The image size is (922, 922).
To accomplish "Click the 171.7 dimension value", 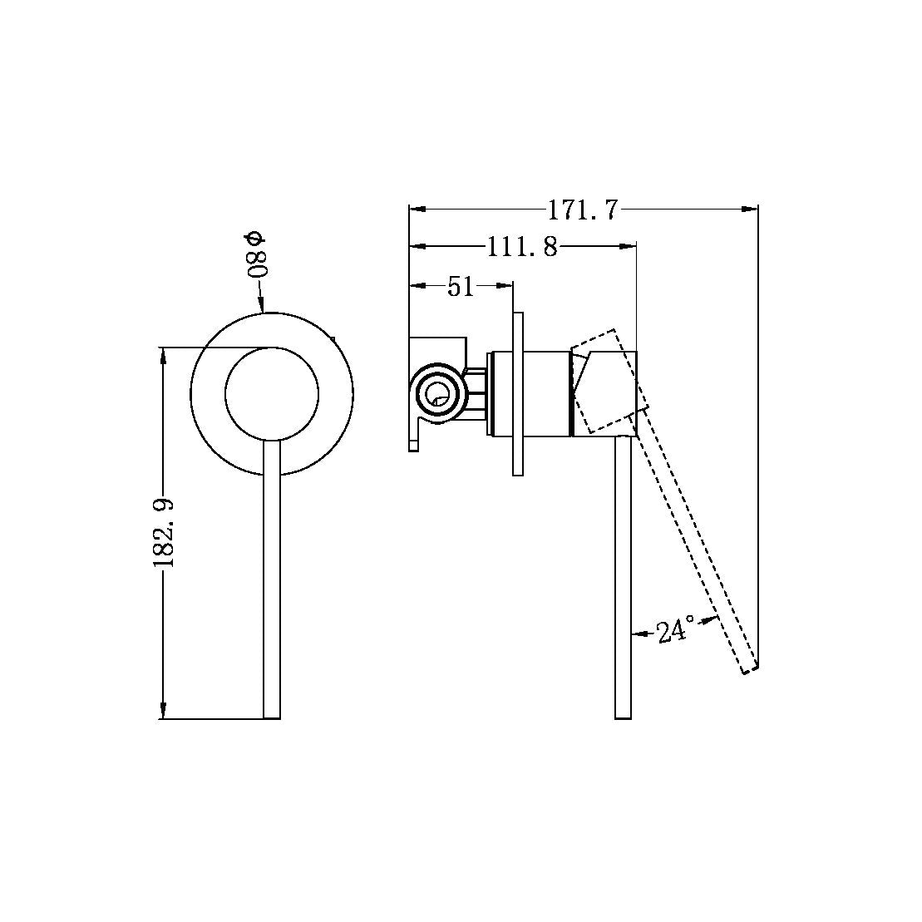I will click(x=583, y=210).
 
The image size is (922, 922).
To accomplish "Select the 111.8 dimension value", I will click(x=522, y=247).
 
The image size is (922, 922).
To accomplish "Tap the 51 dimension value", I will click(x=461, y=287).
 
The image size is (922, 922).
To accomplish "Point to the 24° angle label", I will click(x=674, y=632).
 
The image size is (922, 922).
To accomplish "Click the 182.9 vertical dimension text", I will click(x=163, y=531).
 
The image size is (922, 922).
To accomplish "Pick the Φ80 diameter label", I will click(x=258, y=254).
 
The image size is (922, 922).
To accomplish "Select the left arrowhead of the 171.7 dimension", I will click(x=416, y=210).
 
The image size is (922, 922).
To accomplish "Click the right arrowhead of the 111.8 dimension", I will click(x=629, y=247).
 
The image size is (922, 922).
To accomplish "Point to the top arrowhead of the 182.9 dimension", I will click(x=163, y=354).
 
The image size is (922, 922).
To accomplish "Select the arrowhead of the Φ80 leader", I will click(x=262, y=307).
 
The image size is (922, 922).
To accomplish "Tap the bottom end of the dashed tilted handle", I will click(x=748, y=669).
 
